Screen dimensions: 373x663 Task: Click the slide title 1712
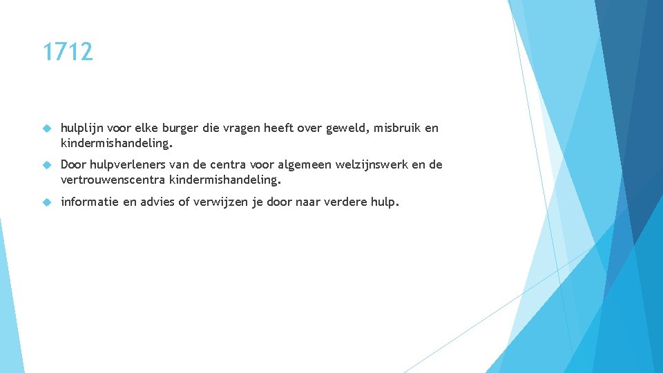(67, 52)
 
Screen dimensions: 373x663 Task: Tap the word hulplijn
(81, 128)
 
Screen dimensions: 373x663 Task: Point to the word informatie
(90, 202)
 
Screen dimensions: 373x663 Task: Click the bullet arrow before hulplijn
(47, 128)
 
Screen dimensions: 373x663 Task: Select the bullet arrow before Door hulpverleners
(47, 165)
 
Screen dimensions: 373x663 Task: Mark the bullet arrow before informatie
(47, 202)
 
